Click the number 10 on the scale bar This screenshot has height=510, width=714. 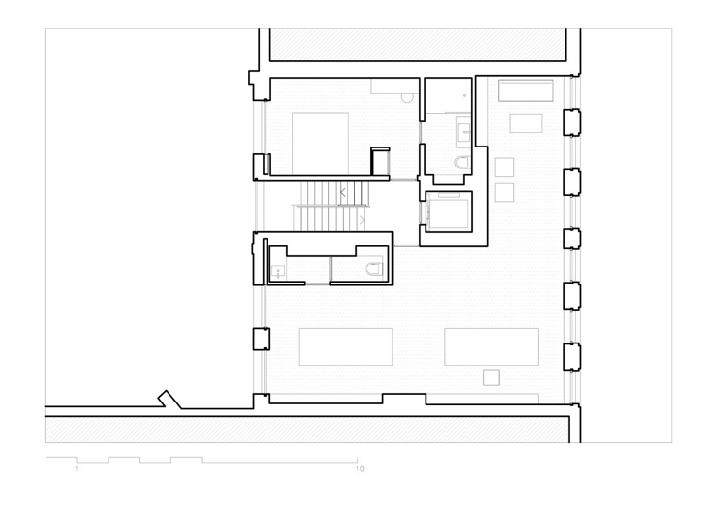pos(360,468)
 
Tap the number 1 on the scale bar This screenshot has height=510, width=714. pos(77,468)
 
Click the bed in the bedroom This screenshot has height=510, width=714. pos(321,144)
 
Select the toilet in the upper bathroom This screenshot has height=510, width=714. pos(462,162)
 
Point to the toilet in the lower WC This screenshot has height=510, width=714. pos(373,268)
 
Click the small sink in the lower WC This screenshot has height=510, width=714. pos(278,272)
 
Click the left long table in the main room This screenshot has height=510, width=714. pos(346,347)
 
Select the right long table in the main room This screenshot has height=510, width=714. pos(491,347)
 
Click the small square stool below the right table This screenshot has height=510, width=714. pos(491,378)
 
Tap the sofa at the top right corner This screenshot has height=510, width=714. pos(526,90)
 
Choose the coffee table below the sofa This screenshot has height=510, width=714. pos(526,124)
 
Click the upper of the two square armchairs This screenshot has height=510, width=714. pos(505,167)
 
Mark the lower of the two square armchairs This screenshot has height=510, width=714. pos(505,192)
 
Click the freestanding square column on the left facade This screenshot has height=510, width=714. pos(262,340)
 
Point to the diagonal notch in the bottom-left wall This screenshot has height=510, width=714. pos(169,400)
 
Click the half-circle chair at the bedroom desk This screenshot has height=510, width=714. pos(407,97)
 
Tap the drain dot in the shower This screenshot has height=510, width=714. pos(464,95)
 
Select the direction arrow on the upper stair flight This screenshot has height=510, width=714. pos(343,192)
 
